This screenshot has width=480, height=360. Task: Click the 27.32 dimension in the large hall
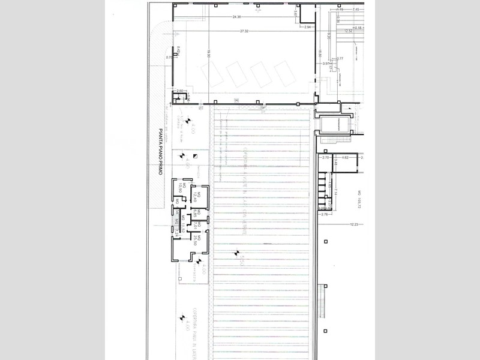[x=244, y=30]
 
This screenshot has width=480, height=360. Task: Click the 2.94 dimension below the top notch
[x=309, y=27]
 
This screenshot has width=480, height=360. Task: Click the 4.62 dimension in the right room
[x=344, y=157]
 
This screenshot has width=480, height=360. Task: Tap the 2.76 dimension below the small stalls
[x=326, y=214]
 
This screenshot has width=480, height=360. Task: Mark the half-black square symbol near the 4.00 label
[x=196, y=155]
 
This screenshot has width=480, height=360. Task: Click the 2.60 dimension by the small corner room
[x=179, y=91]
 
